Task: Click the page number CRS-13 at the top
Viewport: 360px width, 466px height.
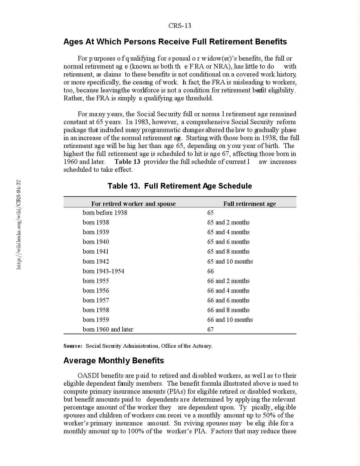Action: tap(180, 26)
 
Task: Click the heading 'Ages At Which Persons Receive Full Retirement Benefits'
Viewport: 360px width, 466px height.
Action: tap(175, 42)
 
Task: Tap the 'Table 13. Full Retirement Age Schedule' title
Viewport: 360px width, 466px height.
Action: tap(180, 186)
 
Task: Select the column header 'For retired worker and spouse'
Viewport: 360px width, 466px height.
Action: tap(133, 204)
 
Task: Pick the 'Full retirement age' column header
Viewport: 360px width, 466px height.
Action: tap(249, 204)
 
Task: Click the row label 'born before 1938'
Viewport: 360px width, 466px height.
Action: tap(105, 213)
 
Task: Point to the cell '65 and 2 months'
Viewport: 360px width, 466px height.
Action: tap(228, 222)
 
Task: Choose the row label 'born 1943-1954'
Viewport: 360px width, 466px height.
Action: tap(103, 271)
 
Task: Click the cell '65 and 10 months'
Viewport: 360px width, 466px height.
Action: tap(230, 261)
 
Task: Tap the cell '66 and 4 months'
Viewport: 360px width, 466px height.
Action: tap(228, 291)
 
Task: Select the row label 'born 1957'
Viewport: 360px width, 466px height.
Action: tap(96, 300)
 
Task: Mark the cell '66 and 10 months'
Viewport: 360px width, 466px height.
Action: tap(230, 320)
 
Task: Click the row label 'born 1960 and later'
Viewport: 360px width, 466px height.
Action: tap(108, 329)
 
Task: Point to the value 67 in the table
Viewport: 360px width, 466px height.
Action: tap(210, 329)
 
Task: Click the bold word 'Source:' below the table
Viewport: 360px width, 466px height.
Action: tap(73, 346)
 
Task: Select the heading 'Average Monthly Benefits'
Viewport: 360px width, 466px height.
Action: tap(114, 361)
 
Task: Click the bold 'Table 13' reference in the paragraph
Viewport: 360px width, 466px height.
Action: tap(127, 162)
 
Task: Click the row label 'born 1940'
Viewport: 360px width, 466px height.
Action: tap(96, 242)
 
